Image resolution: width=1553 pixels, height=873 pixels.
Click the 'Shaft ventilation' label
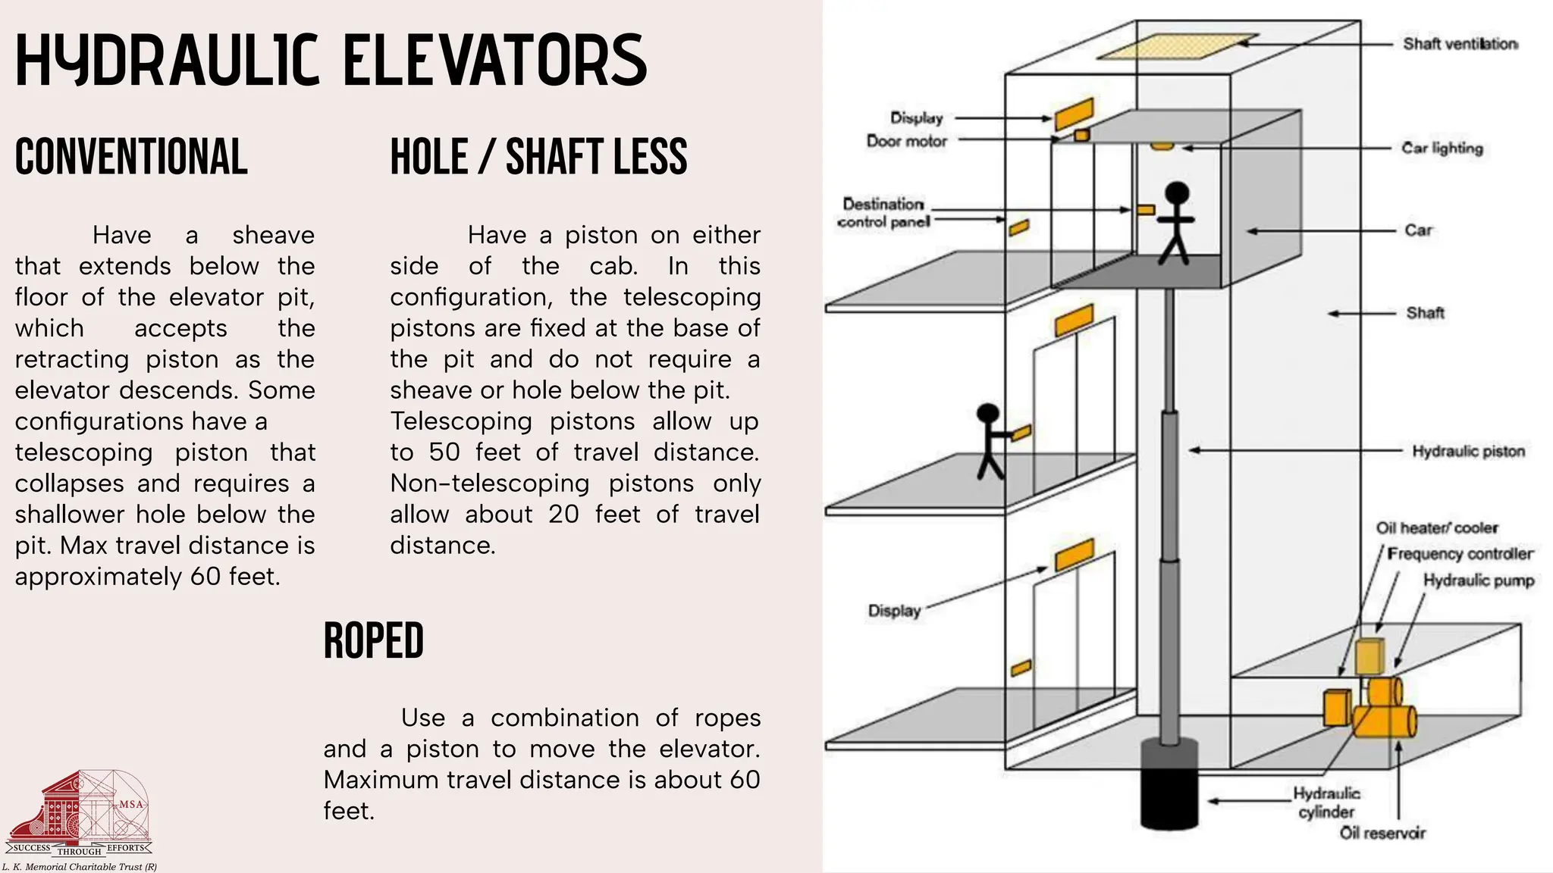[x=1460, y=44]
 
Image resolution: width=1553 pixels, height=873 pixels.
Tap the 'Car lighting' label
[x=1442, y=149]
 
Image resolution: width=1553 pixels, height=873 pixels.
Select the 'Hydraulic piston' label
[x=1468, y=452]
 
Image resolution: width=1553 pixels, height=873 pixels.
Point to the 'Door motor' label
[x=907, y=141]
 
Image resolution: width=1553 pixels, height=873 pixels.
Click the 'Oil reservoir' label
[x=1382, y=833]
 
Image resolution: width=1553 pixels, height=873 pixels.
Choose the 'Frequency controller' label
[x=1460, y=554]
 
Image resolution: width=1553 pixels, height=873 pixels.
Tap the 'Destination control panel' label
[x=884, y=213]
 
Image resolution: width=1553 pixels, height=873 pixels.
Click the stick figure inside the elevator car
[x=1176, y=223]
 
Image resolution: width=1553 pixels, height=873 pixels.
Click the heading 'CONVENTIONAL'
[x=131, y=157]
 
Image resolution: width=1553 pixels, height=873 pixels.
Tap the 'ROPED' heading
[x=373, y=641]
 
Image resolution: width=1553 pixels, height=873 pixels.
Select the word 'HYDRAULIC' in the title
[x=168, y=61]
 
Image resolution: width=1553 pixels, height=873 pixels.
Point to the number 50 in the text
[x=444, y=452]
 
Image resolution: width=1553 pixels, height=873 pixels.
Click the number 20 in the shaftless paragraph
[x=563, y=515]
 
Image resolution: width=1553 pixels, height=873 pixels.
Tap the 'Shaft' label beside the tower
[x=1425, y=313]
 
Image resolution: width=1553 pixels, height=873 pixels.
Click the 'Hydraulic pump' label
[x=1478, y=580]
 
